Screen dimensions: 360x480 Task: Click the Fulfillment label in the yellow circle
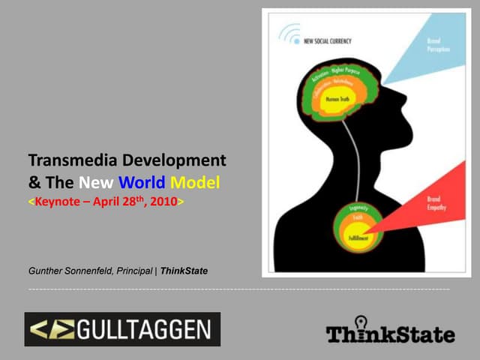[x=357, y=237]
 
